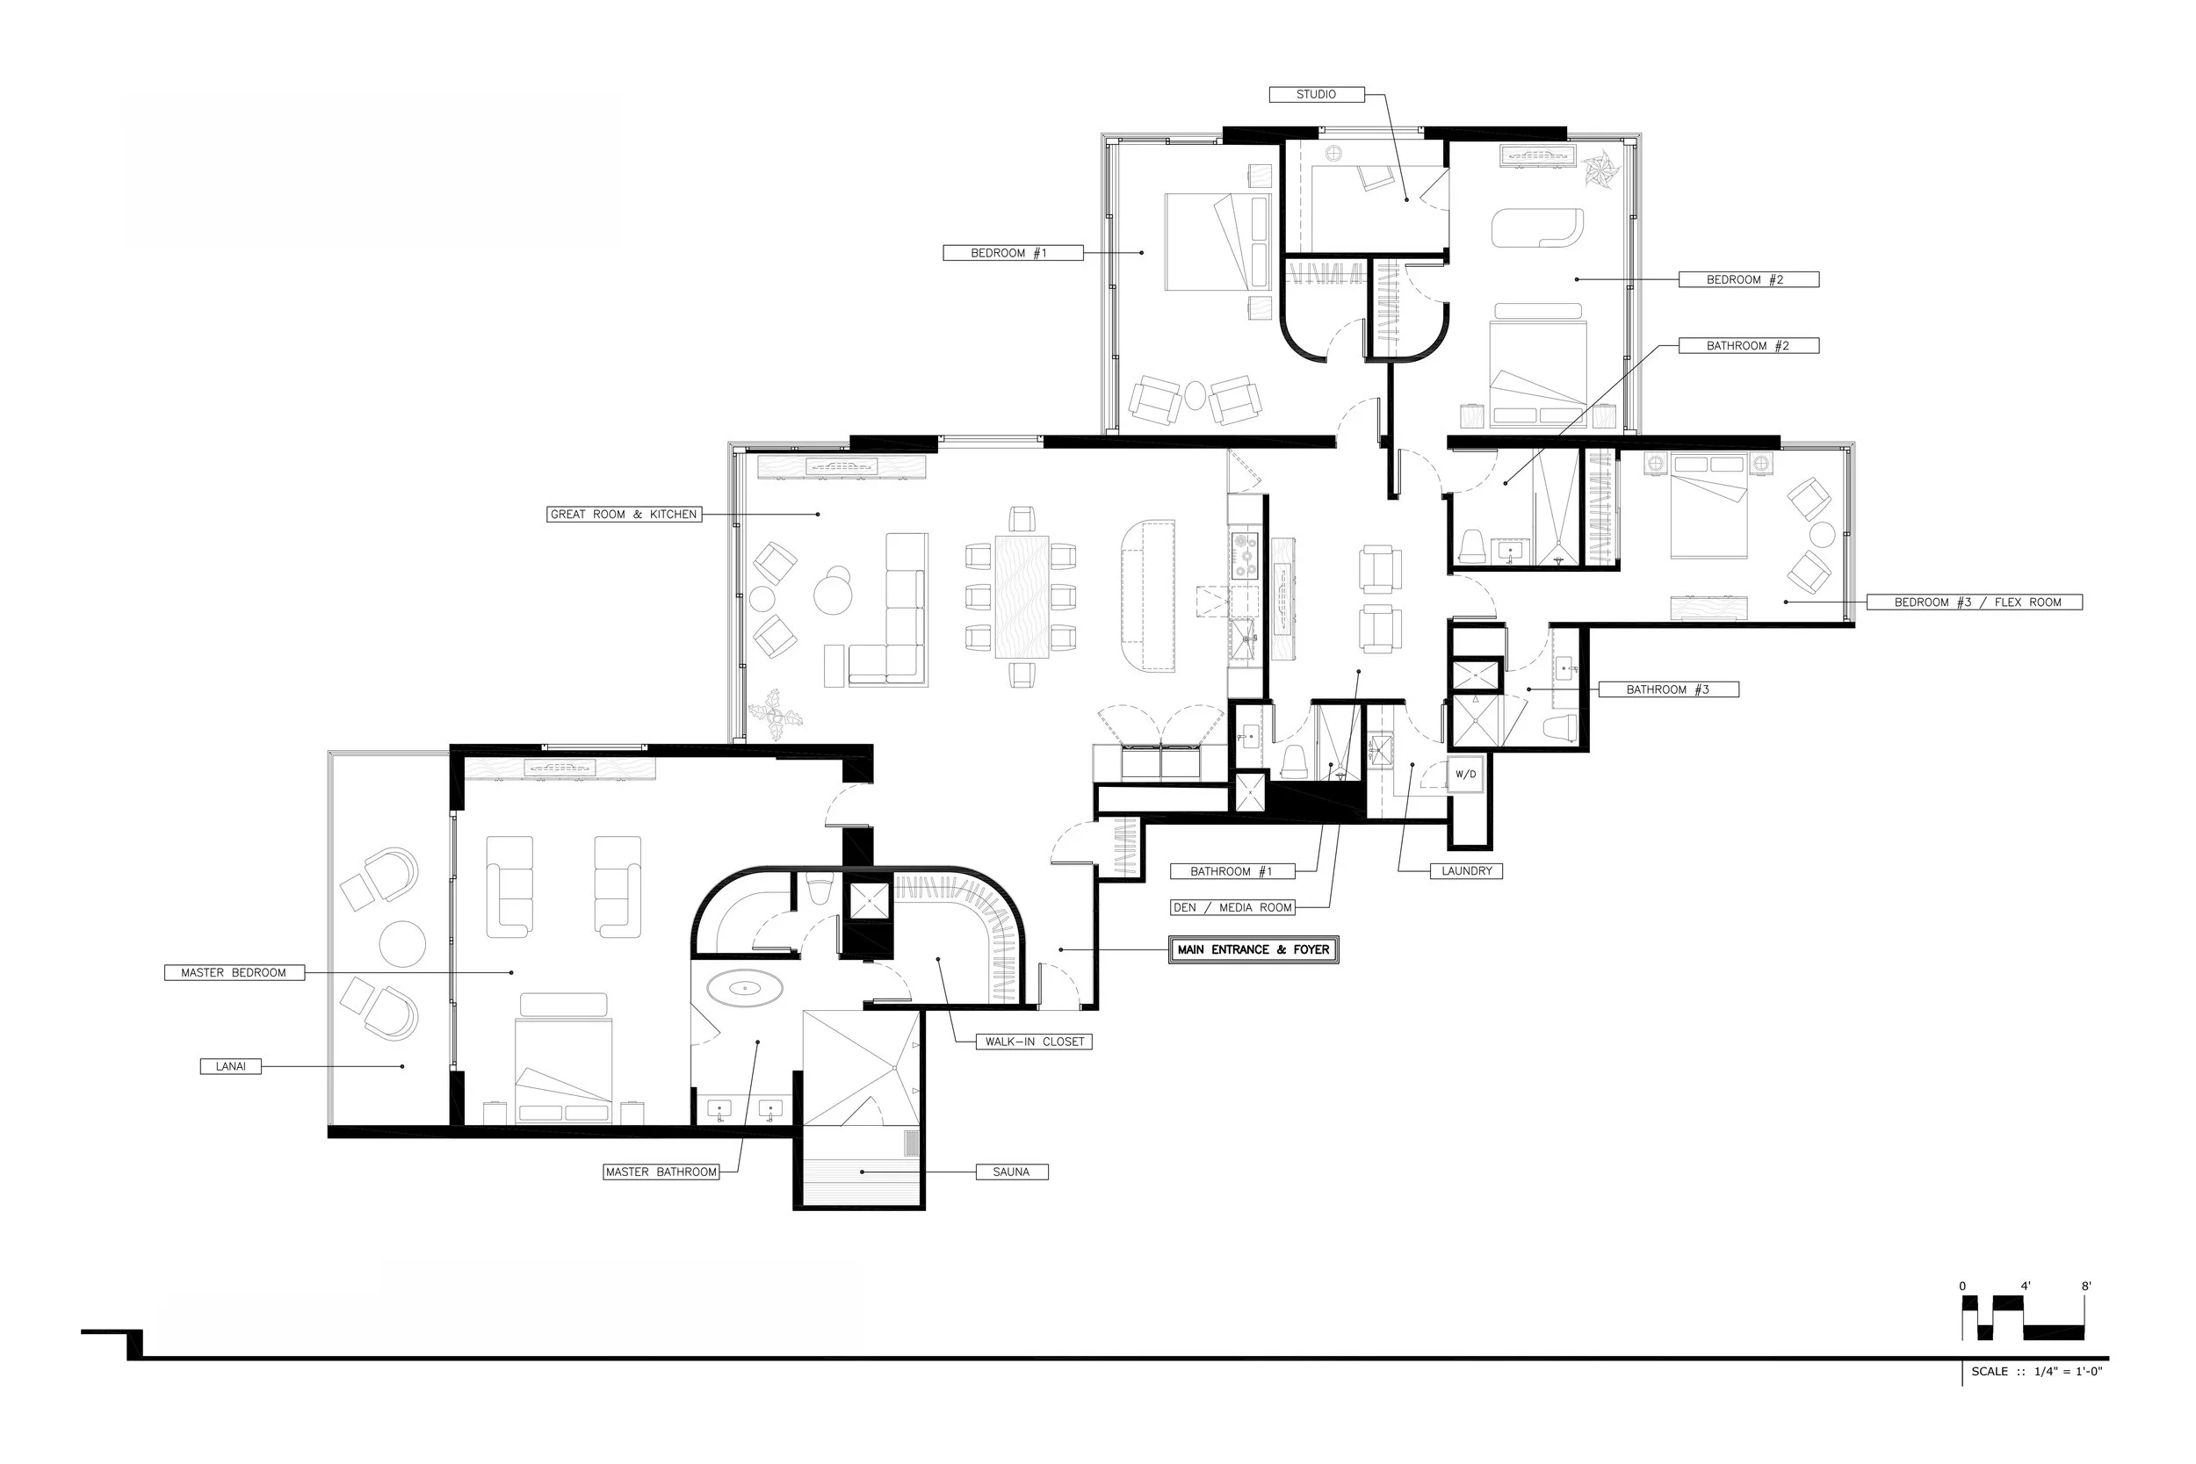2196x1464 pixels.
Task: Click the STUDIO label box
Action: [1317, 94]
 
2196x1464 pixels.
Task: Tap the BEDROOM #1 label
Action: [1013, 253]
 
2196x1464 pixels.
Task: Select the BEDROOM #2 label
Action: [1749, 279]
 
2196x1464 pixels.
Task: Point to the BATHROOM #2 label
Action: [1749, 345]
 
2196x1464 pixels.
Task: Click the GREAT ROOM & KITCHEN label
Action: [624, 515]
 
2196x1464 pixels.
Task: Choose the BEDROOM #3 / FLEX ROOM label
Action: [1975, 602]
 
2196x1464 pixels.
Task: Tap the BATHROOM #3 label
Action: [1668, 690]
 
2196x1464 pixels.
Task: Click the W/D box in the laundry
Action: [1466, 774]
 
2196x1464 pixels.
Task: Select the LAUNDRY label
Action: [1467, 871]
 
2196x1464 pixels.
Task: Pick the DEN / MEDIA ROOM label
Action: [1233, 907]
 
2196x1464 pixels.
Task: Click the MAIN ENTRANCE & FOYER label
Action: [1254, 949]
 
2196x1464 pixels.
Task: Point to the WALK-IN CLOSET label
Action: [1035, 1042]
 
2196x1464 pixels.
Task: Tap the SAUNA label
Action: [1012, 1172]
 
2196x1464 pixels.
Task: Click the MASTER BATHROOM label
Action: [662, 1172]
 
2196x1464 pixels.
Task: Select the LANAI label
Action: [231, 1066]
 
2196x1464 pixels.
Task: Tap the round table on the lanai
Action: [402, 945]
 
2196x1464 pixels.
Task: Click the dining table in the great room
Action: [1022, 596]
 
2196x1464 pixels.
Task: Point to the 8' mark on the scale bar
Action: [2086, 1287]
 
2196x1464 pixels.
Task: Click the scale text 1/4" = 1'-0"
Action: [2069, 1372]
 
